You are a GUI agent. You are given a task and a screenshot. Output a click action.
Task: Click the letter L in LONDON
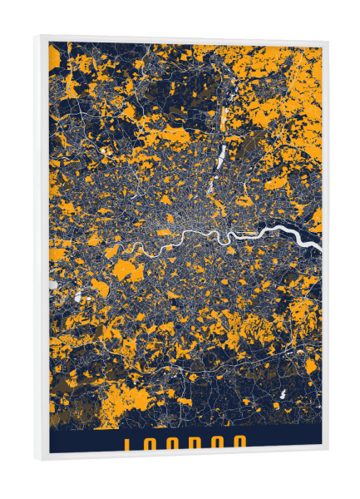(x=128, y=442)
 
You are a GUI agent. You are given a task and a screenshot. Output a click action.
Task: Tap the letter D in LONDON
(x=197, y=442)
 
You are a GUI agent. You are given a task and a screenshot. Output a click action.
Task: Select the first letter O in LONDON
(x=150, y=442)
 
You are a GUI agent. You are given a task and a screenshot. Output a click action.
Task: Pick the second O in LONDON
(x=219, y=442)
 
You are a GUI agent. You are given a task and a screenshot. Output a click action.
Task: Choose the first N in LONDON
(x=174, y=442)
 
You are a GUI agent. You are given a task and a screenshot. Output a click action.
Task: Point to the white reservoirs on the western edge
(x=55, y=284)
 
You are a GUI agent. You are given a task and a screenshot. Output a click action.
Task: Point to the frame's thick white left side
(x=41, y=249)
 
